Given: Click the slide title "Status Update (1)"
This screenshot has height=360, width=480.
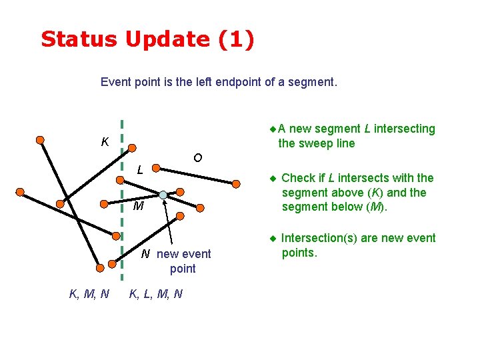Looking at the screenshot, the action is coord(147,39).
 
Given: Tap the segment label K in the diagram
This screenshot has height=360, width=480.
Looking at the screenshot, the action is coord(105,142).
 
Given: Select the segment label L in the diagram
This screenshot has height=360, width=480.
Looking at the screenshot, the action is coord(140,170).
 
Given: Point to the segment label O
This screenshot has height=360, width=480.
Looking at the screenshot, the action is coord(197,158).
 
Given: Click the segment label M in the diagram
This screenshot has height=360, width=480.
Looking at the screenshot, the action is coord(138,206).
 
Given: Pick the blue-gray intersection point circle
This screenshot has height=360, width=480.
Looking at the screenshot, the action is coord(163,195).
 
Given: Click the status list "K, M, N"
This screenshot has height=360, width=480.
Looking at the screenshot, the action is coord(89,294).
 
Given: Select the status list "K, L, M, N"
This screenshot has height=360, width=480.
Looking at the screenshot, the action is coord(155,294).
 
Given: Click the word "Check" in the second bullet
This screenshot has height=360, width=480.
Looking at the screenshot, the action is coord(299,178).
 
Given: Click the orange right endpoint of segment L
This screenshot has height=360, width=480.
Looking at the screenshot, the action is coord(236,183).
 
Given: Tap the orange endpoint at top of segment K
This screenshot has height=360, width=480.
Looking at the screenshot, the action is coord(41,140).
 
